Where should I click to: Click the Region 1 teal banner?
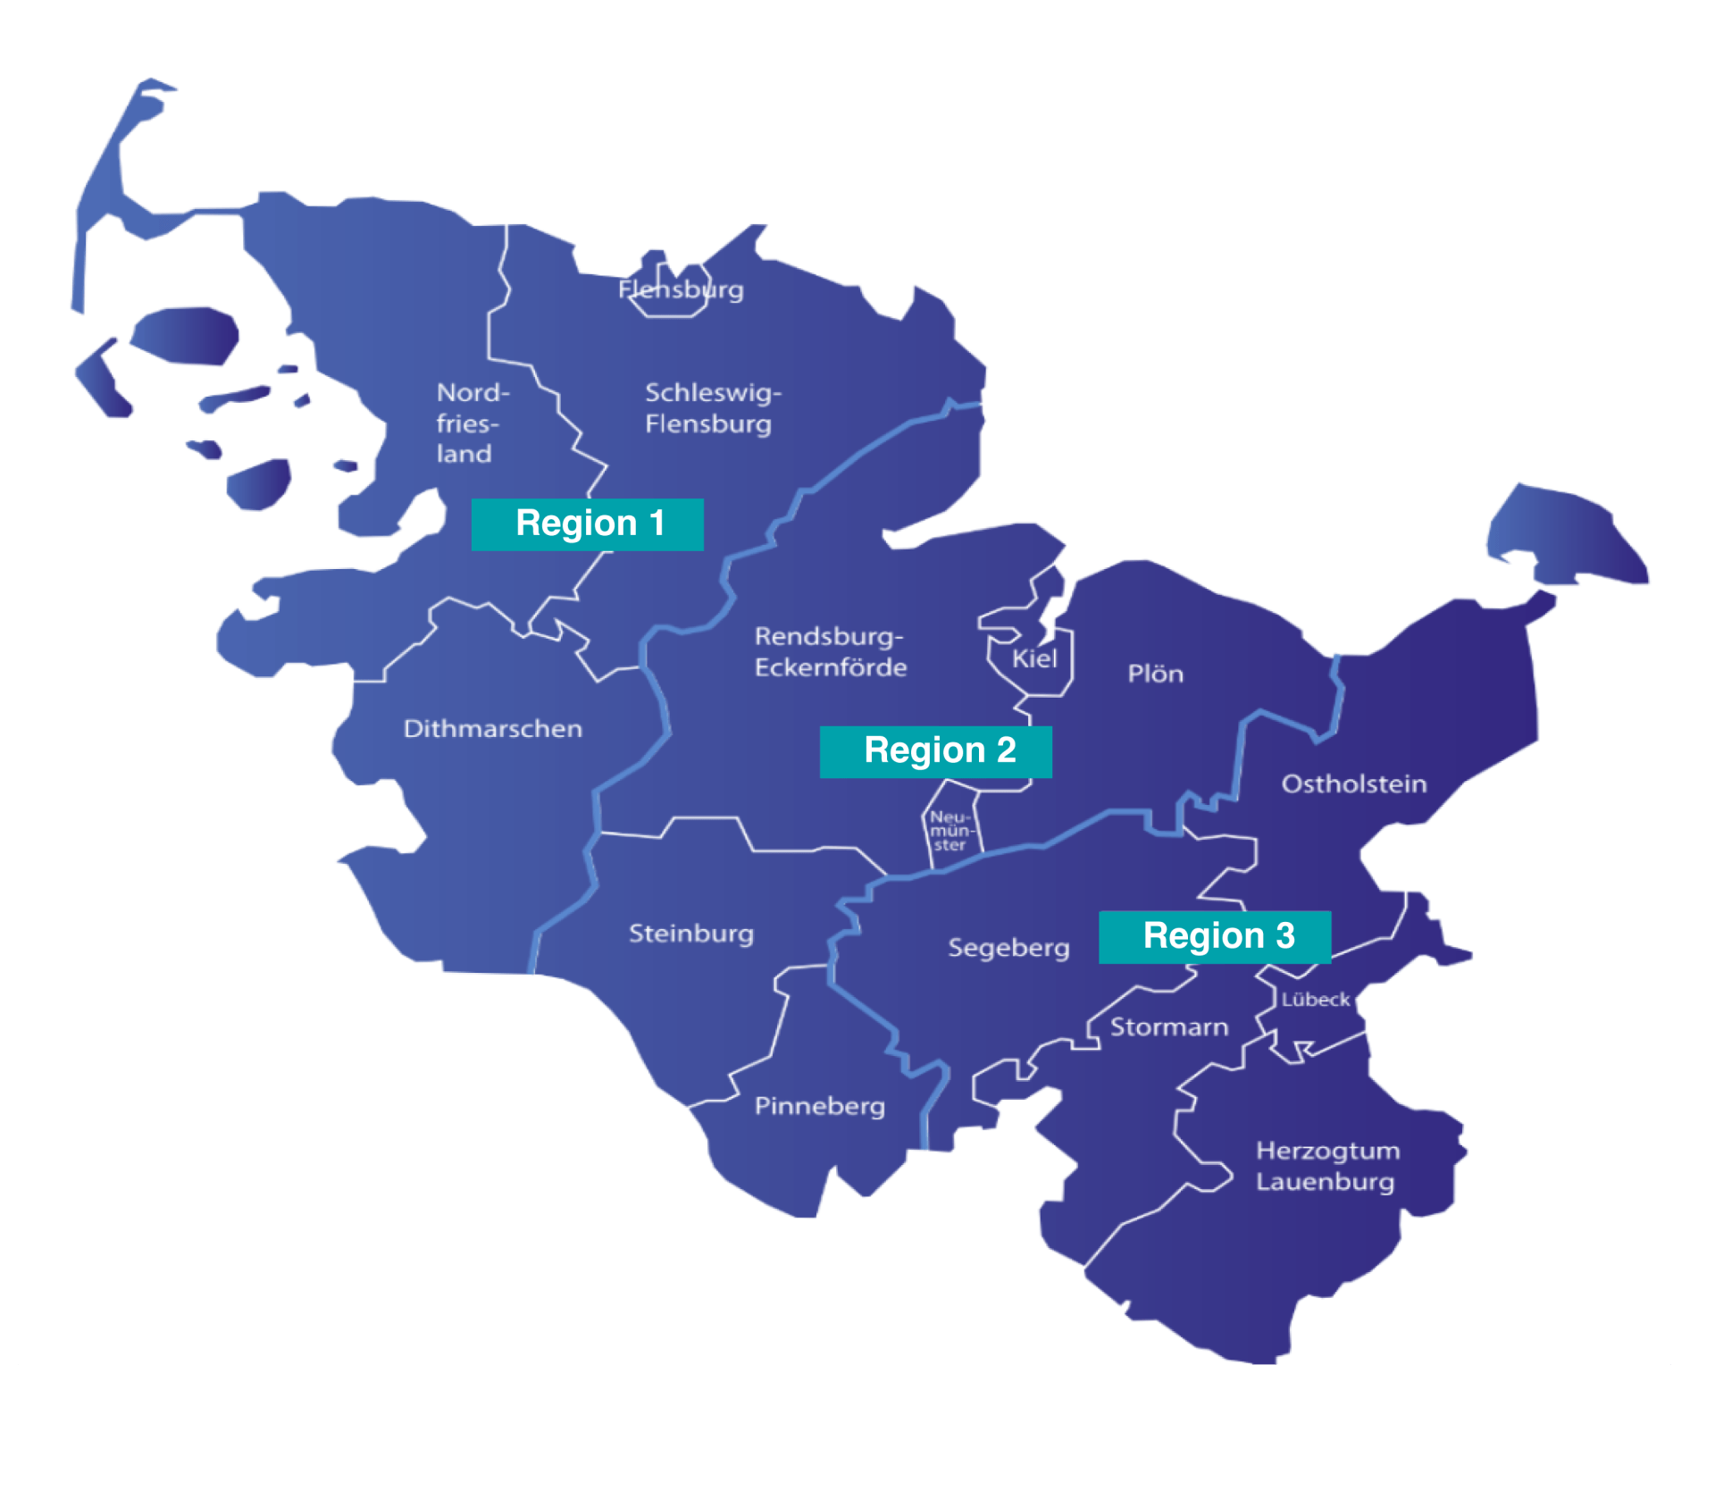[587, 524]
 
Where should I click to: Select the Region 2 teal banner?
[935, 752]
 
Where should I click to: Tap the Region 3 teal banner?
[1214, 937]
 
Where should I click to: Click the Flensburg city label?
[681, 290]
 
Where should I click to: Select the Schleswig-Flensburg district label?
[712, 408]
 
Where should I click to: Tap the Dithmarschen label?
[492, 729]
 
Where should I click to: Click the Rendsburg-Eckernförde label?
[830, 652]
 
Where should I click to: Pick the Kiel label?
[1034, 659]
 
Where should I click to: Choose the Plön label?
[1155, 674]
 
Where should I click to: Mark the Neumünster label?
[949, 831]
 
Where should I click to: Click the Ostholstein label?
[1353, 784]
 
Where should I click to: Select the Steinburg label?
[690, 934]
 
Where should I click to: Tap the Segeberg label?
[1008, 948]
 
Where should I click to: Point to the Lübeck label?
[1315, 1000]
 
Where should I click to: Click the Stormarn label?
[1168, 1027]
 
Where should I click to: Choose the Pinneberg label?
[819, 1107]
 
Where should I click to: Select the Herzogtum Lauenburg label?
[1326, 1167]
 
